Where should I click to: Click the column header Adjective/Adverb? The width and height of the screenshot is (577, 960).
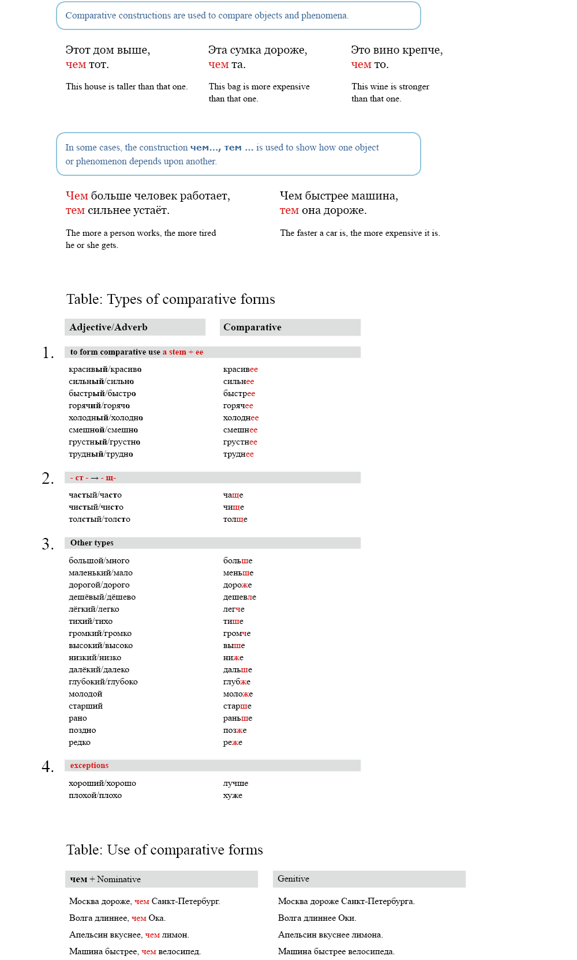tap(108, 327)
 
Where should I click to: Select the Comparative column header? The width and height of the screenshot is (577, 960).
tap(252, 327)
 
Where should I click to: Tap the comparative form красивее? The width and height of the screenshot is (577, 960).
tap(241, 370)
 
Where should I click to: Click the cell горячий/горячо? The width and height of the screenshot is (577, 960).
tap(99, 406)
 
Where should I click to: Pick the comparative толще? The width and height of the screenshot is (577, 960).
tap(235, 519)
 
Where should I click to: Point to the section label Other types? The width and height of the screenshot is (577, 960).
tap(92, 543)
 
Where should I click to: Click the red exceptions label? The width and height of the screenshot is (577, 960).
tap(89, 766)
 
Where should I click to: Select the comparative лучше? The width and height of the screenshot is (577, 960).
tap(235, 784)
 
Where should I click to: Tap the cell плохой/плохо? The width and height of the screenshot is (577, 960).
tap(95, 796)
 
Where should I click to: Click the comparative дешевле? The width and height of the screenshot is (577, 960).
tap(239, 597)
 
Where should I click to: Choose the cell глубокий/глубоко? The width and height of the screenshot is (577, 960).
tap(103, 682)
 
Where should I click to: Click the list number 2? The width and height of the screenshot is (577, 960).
tap(48, 479)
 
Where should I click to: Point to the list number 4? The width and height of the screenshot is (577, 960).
tap(48, 766)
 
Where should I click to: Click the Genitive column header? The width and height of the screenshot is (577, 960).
tap(293, 879)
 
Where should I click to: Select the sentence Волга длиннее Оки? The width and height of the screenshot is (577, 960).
tap(317, 918)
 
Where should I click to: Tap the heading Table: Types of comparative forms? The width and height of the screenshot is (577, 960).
tap(171, 299)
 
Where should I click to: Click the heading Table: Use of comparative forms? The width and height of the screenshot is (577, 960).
tap(164, 850)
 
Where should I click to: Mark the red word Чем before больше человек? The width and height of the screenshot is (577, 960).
tap(77, 196)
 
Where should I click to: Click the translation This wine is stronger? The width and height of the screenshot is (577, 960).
tap(390, 87)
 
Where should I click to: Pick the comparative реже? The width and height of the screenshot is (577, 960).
tap(233, 743)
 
